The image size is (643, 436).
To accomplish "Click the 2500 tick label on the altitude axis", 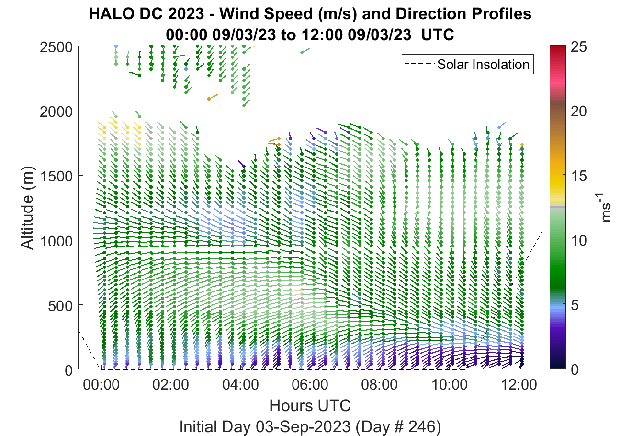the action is point(56,47).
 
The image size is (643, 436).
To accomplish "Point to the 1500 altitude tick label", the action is point(56,176).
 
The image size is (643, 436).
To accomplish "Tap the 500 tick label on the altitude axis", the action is point(60,306).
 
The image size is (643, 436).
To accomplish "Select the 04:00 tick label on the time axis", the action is point(240,385).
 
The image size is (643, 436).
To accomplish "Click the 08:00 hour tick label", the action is point(380,385).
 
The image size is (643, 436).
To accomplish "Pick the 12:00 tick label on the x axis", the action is point(519,385).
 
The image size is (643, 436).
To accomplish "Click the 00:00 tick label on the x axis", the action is point(101,385).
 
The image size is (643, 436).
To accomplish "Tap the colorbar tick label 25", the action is point(579,47).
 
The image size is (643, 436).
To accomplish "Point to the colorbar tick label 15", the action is point(579,176).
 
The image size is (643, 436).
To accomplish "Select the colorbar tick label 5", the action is point(575,305).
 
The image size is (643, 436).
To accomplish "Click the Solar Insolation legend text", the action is point(483,65).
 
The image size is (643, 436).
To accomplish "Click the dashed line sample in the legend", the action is point(419,64).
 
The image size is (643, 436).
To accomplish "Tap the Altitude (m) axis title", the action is point(27,208).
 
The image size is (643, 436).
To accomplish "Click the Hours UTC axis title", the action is point(310,405).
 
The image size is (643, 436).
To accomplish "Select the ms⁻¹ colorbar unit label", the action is point(604,208).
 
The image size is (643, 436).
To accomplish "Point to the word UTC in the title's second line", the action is point(438,35).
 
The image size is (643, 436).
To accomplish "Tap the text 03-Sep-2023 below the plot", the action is point(303,427).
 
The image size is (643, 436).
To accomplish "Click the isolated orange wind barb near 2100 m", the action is point(213,97).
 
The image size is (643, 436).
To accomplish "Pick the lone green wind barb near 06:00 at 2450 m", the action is point(305,51).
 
